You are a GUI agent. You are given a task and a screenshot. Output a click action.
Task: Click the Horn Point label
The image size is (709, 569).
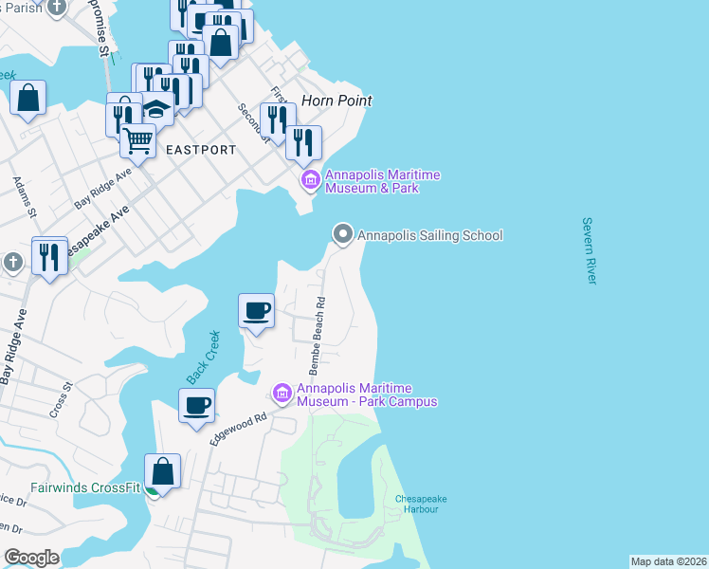336,101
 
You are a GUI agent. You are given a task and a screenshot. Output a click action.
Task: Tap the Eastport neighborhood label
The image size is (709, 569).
200,150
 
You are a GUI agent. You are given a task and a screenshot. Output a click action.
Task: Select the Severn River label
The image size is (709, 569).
590,250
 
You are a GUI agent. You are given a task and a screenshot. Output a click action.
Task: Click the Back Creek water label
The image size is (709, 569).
202,357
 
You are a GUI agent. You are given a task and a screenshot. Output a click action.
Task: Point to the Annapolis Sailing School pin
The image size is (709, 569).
342,234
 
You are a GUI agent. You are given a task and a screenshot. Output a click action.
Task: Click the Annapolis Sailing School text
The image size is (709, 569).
429,235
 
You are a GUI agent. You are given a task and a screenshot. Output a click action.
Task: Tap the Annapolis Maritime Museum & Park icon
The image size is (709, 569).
310,179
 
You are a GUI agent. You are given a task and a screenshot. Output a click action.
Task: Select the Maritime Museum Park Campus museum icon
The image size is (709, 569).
282,393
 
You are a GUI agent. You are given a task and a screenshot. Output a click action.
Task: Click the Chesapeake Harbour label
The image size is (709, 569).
422,504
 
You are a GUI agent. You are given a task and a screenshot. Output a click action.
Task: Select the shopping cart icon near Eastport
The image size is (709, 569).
138,141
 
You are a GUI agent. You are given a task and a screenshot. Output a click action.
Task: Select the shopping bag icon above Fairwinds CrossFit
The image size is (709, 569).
162,471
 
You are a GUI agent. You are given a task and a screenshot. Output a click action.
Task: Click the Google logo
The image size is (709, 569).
31,558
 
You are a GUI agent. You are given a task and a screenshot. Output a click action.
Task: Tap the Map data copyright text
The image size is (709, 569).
668,561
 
